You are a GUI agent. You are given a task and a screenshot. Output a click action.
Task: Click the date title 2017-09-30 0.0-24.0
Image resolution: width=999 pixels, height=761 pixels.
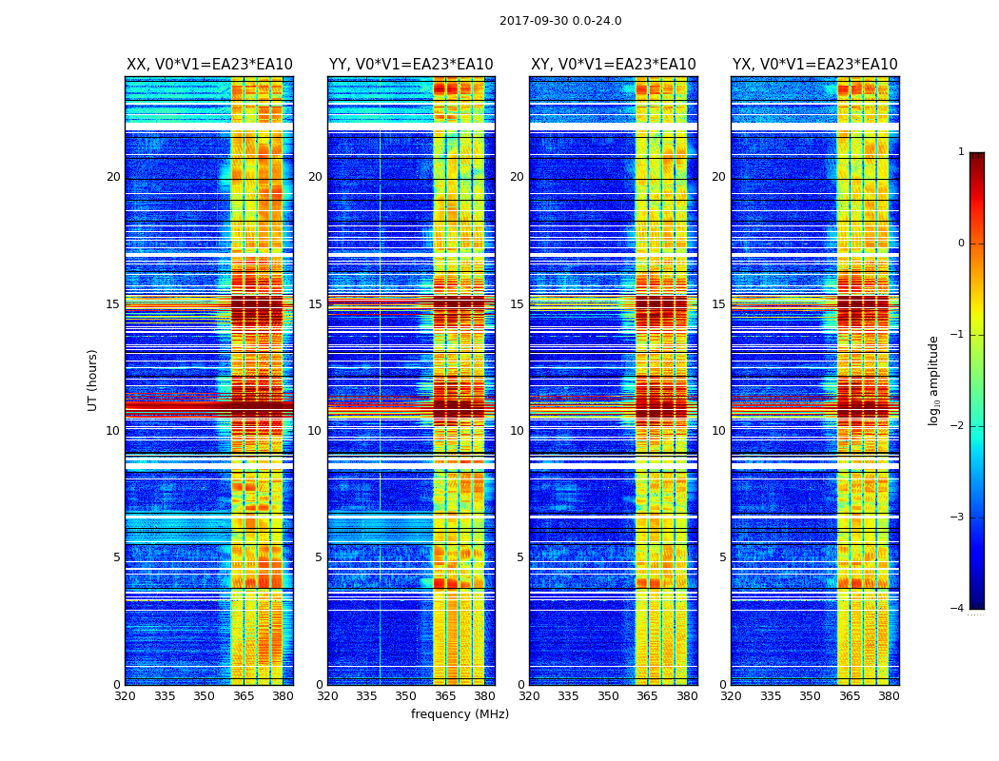(x=560, y=21)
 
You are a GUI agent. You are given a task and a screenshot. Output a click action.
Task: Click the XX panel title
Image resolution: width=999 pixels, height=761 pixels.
(x=209, y=65)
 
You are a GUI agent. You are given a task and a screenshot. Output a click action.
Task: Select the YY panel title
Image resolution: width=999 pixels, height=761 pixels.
(x=411, y=65)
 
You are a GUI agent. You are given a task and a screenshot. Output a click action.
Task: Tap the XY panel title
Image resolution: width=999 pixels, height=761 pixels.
(x=614, y=65)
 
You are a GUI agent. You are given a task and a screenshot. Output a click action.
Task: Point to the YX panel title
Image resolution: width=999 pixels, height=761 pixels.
(x=815, y=65)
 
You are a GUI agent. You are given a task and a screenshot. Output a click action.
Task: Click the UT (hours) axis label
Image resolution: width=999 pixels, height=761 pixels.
(x=93, y=380)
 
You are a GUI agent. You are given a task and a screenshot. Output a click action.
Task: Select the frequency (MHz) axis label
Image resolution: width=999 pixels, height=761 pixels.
(x=460, y=714)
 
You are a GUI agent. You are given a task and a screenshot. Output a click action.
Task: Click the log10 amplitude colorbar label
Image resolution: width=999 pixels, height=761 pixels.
(x=934, y=380)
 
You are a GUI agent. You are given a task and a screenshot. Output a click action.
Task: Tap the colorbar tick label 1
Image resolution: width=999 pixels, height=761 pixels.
(x=961, y=152)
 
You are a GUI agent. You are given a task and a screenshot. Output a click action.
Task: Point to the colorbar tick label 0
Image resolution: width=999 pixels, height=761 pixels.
(x=961, y=244)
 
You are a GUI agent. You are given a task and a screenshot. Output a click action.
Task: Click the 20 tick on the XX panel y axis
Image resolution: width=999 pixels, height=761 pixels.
(x=113, y=177)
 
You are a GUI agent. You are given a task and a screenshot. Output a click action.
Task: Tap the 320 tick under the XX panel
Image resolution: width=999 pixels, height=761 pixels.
(x=125, y=696)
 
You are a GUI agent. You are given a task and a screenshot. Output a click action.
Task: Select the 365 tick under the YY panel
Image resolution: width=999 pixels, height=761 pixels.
(x=445, y=696)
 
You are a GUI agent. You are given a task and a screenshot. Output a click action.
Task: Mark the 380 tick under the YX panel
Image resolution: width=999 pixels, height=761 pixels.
(x=889, y=696)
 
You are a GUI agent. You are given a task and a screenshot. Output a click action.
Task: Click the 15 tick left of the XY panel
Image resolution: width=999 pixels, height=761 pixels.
(x=517, y=304)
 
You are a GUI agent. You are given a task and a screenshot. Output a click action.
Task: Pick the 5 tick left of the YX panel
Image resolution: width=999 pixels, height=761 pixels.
(x=722, y=557)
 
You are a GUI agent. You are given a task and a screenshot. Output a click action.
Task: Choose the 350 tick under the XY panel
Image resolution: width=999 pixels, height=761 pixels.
(x=608, y=696)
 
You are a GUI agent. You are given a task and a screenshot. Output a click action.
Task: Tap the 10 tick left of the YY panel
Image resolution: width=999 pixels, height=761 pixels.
(x=315, y=431)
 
